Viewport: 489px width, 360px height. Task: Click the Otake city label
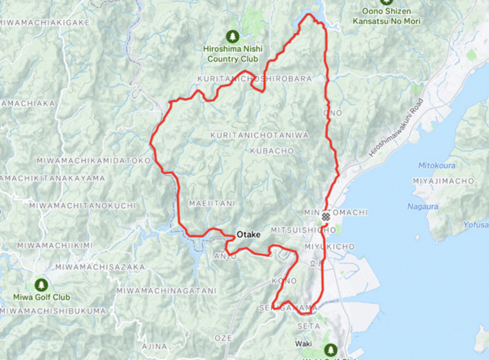pyautogui.click(x=248, y=235)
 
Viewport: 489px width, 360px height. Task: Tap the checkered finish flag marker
pyautogui.click(x=326, y=216)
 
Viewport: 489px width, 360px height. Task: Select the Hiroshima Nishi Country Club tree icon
pyautogui.click(x=232, y=37)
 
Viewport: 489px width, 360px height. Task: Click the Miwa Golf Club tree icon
pyautogui.click(x=41, y=283)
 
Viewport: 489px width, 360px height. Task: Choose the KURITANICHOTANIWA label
pyautogui.click(x=260, y=135)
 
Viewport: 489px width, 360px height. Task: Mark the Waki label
pyautogui.click(x=304, y=344)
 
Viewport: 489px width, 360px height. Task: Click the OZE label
pyautogui.click(x=223, y=337)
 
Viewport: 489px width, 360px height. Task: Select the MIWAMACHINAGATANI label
pyautogui.click(x=167, y=291)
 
